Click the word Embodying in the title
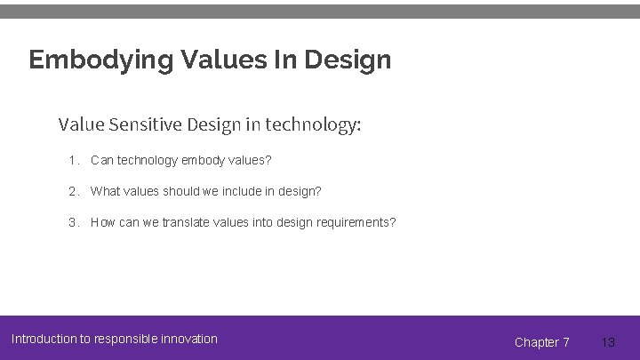[x=100, y=60]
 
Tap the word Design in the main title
[x=347, y=60]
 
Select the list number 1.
[x=73, y=161]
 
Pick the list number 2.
[x=73, y=191]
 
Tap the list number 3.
[x=73, y=222]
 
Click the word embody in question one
[x=203, y=161]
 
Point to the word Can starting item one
[x=102, y=161]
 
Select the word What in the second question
[x=105, y=191]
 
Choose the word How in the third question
[x=103, y=222]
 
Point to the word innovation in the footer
[x=188, y=339]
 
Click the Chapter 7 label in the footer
[x=542, y=342]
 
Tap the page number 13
[x=608, y=342]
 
